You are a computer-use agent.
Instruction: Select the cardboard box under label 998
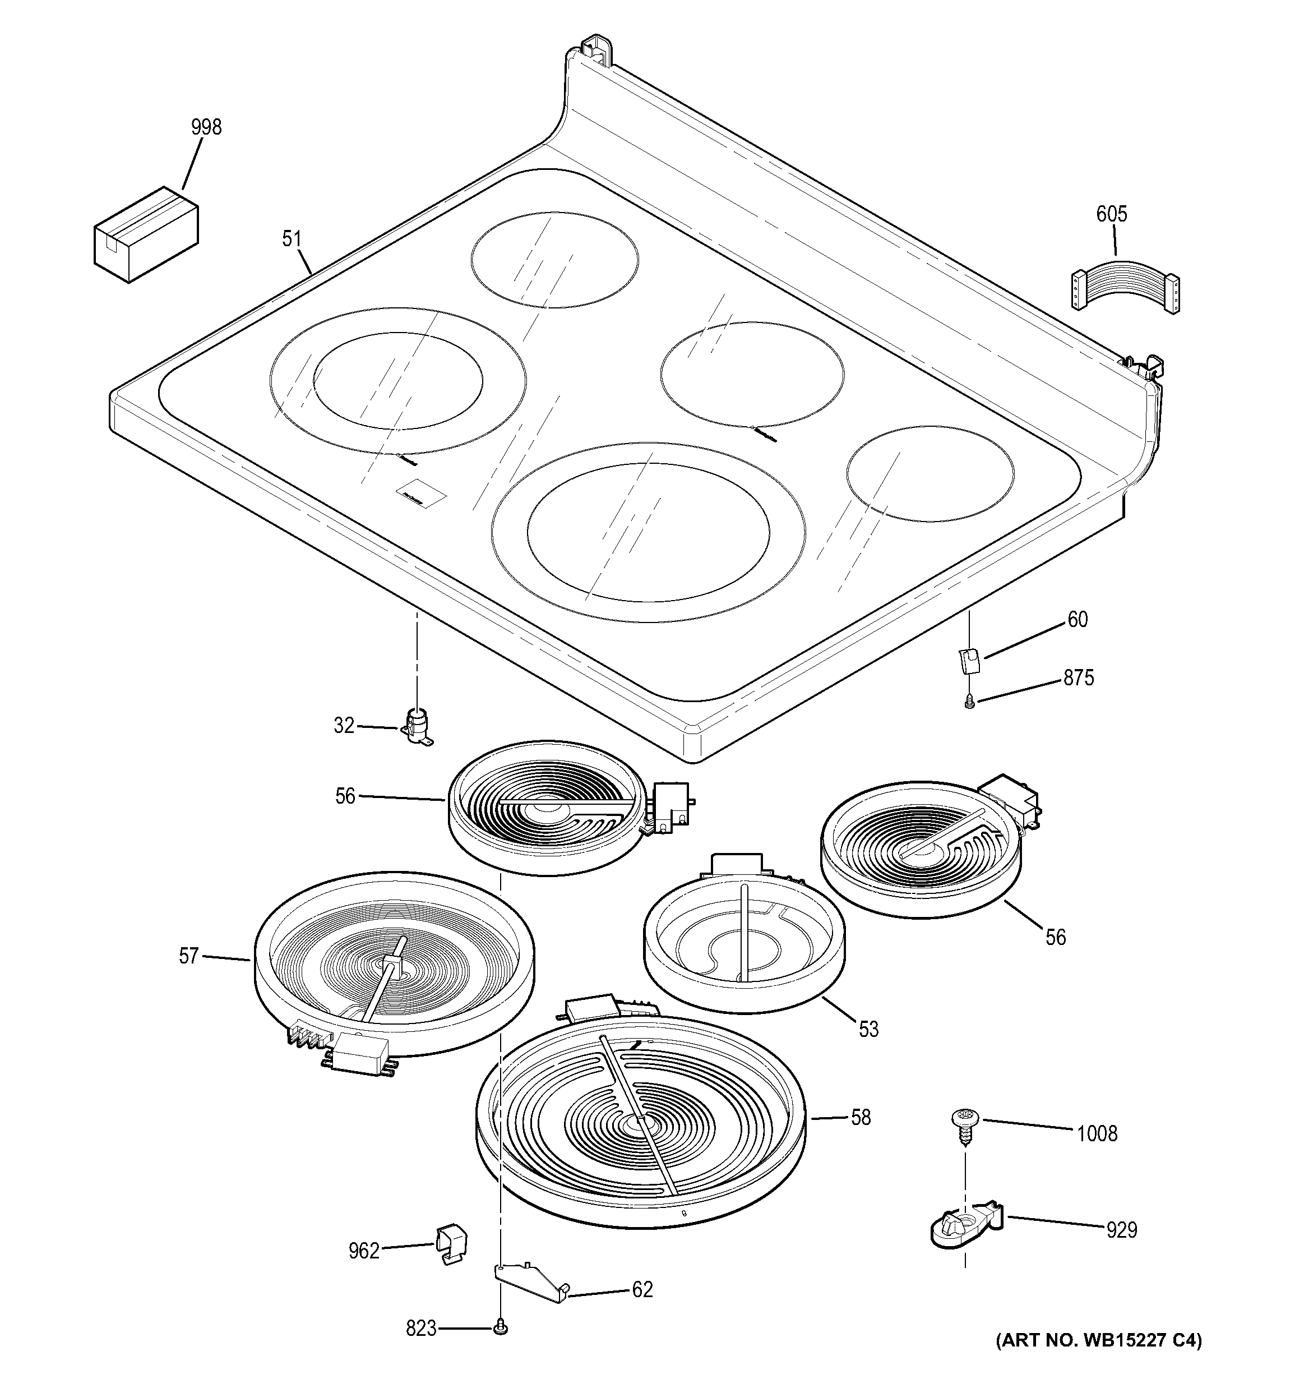pos(146,234)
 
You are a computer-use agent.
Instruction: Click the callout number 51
pos(292,239)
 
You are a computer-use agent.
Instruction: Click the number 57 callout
pos(189,956)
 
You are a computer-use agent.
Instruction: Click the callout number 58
pos(861,1118)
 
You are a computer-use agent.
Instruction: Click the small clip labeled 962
pos(450,1245)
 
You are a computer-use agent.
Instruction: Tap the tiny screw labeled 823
pos(500,1329)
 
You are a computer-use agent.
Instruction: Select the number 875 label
pos(1079,677)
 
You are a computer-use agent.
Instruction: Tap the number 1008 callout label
pos(1097,1135)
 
